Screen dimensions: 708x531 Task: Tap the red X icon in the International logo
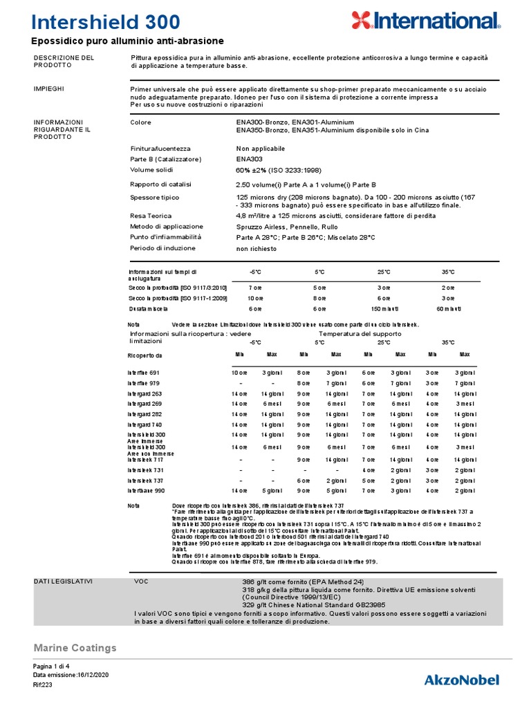(x=362, y=20)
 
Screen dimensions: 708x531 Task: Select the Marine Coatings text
(x=75, y=648)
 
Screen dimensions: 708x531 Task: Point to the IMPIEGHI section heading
(x=50, y=89)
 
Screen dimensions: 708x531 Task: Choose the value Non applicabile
(x=261, y=149)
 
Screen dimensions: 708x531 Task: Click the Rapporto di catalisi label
(x=161, y=185)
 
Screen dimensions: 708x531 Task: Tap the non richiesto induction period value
(x=257, y=248)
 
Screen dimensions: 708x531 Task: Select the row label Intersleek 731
(x=145, y=469)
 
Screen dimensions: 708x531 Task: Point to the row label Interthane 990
(x=146, y=490)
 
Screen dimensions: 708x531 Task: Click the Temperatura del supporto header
(x=360, y=333)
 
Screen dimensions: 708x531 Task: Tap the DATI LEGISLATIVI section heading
(x=63, y=581)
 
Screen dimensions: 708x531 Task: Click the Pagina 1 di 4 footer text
(x=53, y=666)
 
